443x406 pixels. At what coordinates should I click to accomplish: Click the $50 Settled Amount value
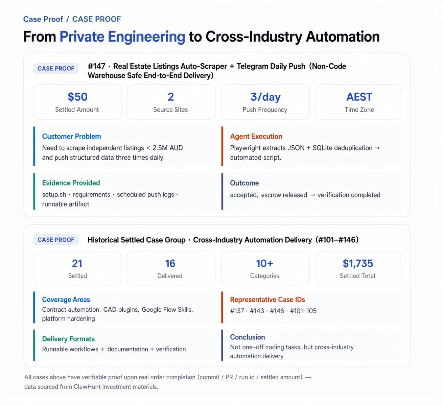click(77, 97)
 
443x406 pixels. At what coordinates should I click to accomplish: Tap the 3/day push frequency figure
click(265, 97)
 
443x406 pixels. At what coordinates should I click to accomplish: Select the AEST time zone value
click(359, 97)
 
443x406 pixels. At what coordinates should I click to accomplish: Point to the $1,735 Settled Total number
click(357, 263)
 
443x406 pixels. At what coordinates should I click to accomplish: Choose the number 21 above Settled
click(77, 263)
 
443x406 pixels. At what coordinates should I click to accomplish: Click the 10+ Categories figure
click(264, 263)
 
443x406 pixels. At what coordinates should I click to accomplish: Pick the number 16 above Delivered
click(170, 263)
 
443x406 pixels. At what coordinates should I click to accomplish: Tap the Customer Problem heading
click(72, 136)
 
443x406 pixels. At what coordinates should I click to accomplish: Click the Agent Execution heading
click(256, 136)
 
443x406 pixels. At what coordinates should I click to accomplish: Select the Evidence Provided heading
click(71, 183)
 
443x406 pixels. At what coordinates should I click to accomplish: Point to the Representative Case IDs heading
click(267, 300)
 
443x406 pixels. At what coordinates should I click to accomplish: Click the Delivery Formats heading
click(68, 339)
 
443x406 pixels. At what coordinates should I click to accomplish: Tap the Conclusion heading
click(247, 337)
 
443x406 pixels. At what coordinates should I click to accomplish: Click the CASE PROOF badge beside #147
click(56, 68)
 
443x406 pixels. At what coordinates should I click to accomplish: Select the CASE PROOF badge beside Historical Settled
click(56, 240)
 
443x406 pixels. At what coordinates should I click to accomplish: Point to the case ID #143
click(257, 311)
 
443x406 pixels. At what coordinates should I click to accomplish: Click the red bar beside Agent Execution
click(222, 146)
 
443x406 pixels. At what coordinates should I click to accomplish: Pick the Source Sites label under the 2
click(170, 110)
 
